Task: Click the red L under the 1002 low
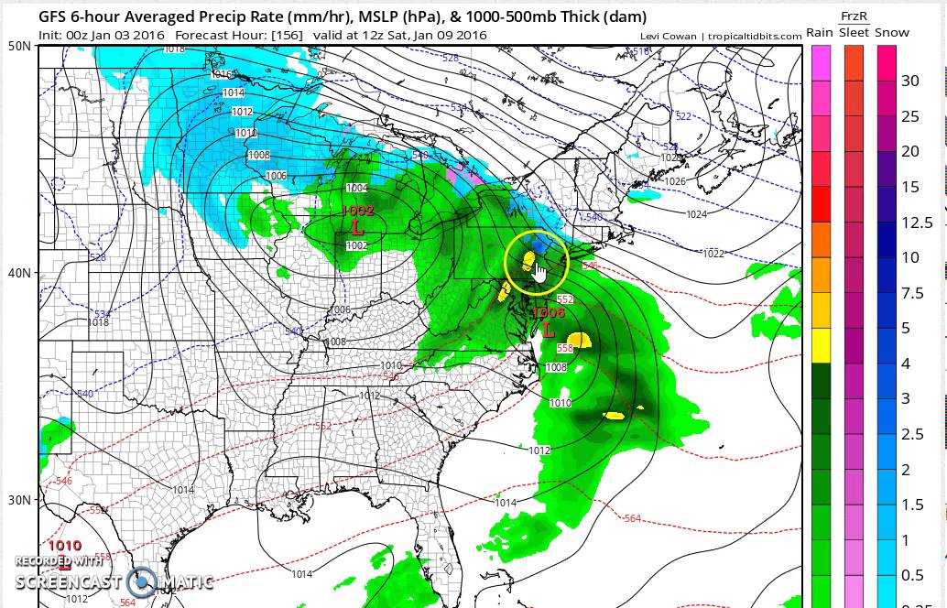[x=356, y=225]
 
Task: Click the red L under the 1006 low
[x=549, y=329]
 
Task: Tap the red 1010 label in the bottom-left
[x=64, y=546]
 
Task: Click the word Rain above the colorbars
[x=819, y=33]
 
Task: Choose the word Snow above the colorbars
[x=891, y=33]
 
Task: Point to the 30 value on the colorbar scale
[x=909, y=81]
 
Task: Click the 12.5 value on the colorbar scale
[x=917, y=223]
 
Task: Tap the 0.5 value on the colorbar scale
[x=912, y=576]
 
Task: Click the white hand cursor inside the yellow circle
[x=539, y=274]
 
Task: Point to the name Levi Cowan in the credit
[x=671, y=36]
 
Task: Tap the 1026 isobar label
[x=674, y=181]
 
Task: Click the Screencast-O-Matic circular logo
[x=142, y=581]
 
